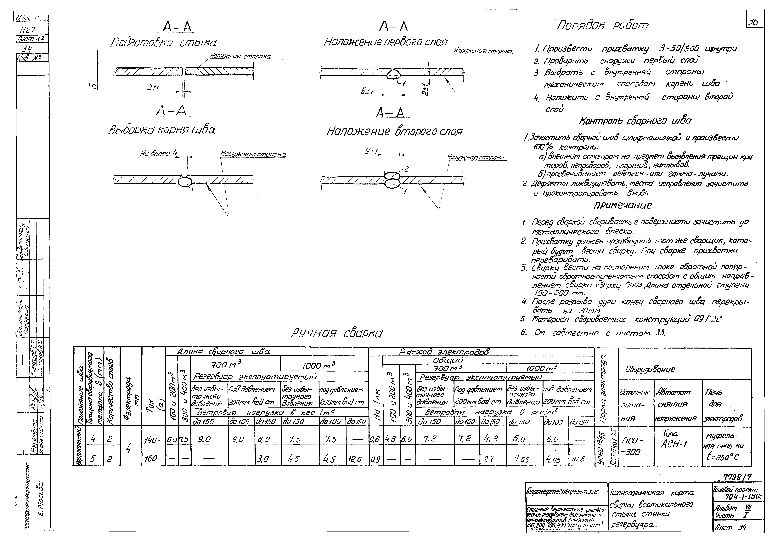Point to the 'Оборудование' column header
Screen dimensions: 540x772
coord(650,370)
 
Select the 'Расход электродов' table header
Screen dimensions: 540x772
coord(444,352)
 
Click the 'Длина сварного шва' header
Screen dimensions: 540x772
coord(223,352)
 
